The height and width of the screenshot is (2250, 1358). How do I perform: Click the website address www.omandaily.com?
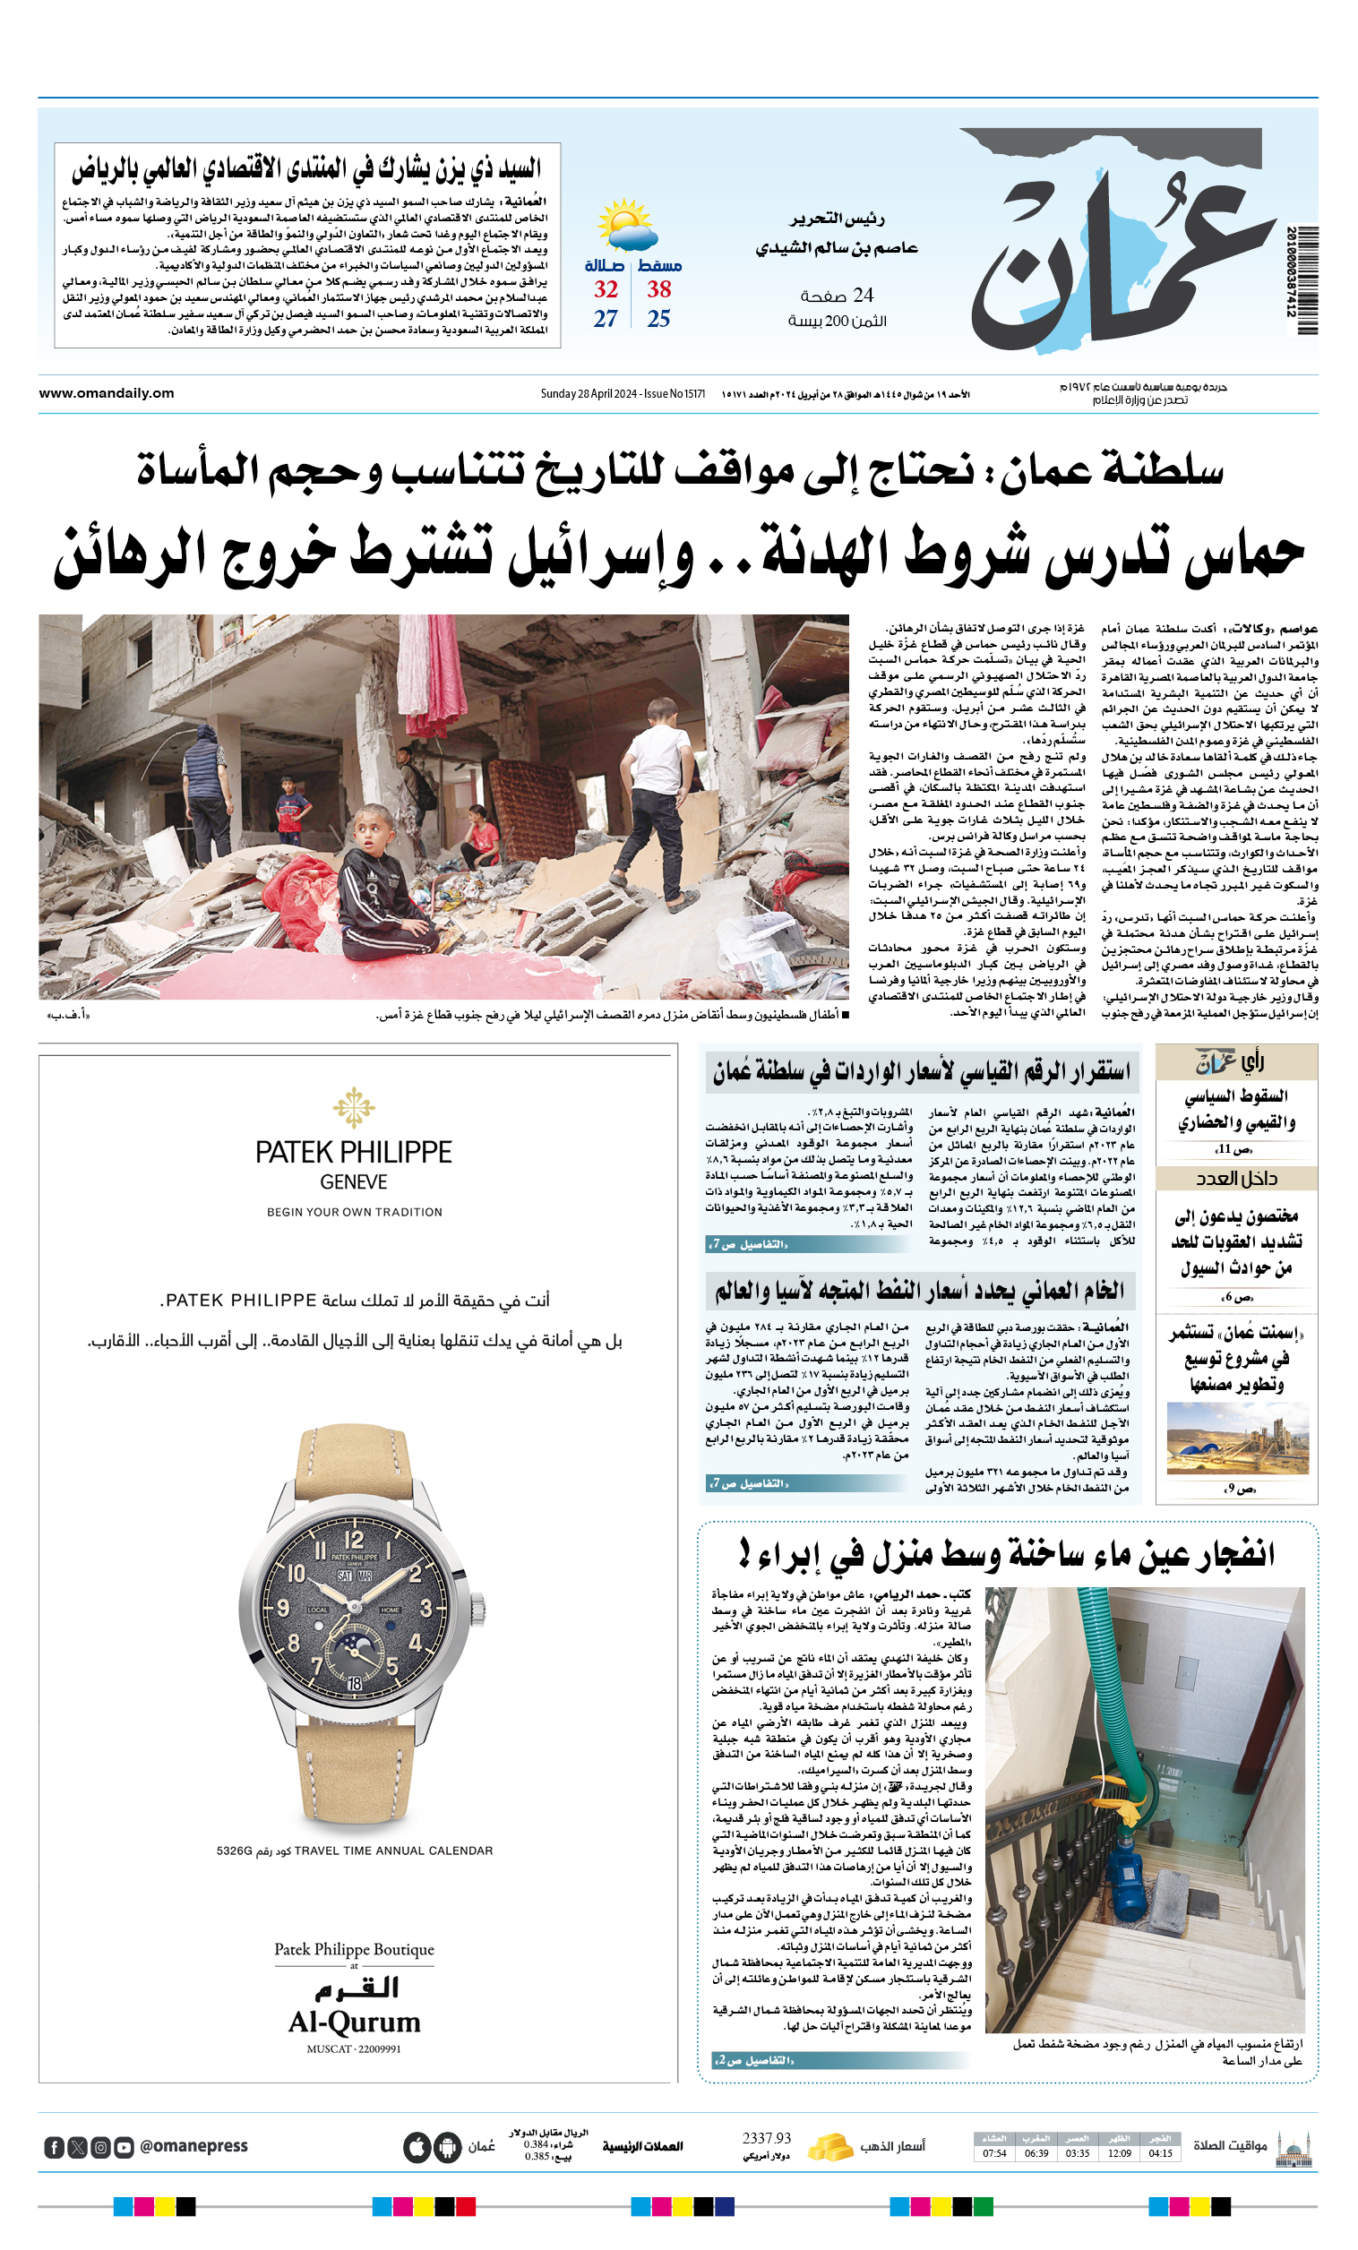click(106, 393)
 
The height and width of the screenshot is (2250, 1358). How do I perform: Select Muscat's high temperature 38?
click(658, 289)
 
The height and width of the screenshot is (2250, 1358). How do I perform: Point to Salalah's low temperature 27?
click(606, 319)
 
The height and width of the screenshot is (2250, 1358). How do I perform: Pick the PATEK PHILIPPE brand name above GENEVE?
click(354, 1153)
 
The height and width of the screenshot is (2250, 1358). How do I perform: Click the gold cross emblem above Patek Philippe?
click(354, 1107)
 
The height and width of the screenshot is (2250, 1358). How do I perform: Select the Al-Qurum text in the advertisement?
click(355, 2022)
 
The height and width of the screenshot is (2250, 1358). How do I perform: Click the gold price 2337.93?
click(766, 2138)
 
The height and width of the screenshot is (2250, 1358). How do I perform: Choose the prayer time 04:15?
click(1160, 2153)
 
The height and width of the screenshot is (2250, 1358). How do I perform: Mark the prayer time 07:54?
click(994, 2153)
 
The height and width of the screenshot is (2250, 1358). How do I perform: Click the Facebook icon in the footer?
click(55, 2147)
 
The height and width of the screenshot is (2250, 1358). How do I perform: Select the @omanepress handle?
click(193, 2146)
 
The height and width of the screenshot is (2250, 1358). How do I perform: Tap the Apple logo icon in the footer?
click(417, 2147)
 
